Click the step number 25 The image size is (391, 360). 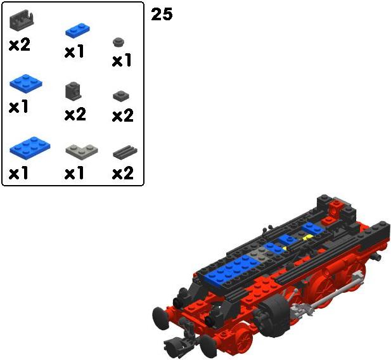[162, 14]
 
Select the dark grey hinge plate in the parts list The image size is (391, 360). [22, 20]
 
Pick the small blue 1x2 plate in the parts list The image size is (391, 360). [77, 30]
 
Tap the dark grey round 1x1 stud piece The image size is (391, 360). [119, 42]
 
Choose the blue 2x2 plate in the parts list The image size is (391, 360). [26, 84]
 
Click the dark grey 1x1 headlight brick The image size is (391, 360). [73, 91]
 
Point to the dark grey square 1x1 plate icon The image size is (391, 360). [121, 96]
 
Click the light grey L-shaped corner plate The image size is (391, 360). [82, 150]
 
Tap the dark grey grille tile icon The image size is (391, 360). [125, 152]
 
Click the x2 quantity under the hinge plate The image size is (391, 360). [20, 44]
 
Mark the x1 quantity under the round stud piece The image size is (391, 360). [122, 60]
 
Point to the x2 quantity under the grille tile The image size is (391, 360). [123, 173]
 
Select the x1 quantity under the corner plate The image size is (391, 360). [74, 173]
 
